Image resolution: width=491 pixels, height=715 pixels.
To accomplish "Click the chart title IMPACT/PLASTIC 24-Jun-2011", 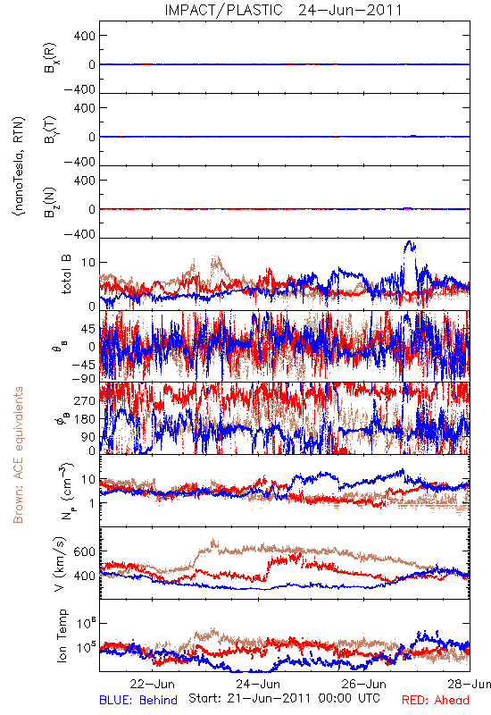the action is (x=283, y=10).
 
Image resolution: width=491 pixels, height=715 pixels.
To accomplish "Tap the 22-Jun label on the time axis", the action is (x=152, y=684).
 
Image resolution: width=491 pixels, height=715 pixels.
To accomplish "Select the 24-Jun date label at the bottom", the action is (x=258, y=684).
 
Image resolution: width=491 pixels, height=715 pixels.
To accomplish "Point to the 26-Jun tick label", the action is (x=364, y=684).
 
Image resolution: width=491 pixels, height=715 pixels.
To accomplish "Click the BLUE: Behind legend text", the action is (x=138, y=700).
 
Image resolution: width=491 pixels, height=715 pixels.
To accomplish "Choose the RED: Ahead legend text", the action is (x=435, y=700).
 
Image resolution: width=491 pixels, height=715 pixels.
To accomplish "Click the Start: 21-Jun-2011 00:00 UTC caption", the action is (x=284, y=698).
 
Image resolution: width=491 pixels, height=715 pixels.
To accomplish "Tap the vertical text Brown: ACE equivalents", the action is (x=18, y=455).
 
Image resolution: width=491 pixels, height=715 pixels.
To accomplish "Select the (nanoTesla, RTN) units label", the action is (x=19, y=166).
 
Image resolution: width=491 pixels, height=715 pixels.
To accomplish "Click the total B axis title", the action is (x=66, y=274).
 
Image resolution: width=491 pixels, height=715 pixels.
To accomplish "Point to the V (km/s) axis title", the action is (x=60, y=564).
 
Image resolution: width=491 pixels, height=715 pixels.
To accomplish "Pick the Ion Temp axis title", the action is (x=62, y=635).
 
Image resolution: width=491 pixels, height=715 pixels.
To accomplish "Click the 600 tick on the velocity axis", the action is (x=85, y=551).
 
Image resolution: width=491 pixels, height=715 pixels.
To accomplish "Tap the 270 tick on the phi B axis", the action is (x=85, y=400).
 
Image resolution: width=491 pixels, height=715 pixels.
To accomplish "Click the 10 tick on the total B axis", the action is (x=88, y=263).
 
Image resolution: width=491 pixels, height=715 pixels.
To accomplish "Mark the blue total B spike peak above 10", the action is (x=409, y=242).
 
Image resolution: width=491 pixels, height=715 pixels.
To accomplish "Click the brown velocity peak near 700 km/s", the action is (x=213, y=542).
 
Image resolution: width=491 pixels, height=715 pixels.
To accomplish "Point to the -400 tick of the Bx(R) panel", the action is (x=79, y=89).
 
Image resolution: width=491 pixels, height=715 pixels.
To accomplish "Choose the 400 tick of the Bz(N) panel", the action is (x=85, y=181).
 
